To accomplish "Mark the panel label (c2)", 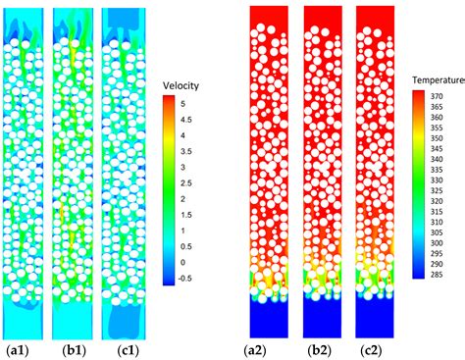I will pyautogui.click(x=375, y=349).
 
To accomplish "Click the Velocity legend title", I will pyautogui.click(x=181, y=85).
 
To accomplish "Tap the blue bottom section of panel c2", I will pyautogui.click(x=375, y=317).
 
